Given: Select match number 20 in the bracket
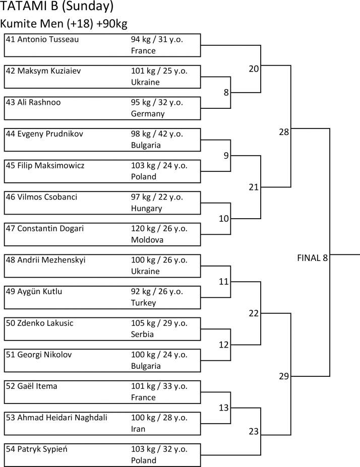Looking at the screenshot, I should [x=254, y=69].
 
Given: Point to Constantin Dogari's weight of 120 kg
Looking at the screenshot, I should [x=142, y=228].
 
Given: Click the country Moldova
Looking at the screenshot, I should [x=147, y=240].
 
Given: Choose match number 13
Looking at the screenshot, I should [x=224, y=407].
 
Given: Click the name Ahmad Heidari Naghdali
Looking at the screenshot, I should [x=64, y=418].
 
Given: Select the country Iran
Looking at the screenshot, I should [x=138, y=429].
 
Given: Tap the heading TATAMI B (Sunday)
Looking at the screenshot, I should [x=56, y=7].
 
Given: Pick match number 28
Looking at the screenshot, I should [x=284, y=132].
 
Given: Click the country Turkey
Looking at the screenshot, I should [x=143, y=303].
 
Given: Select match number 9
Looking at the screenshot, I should [x=226, y=156].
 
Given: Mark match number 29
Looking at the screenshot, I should [x=284, y=376].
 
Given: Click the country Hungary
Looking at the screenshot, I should [x=146, y=208].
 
